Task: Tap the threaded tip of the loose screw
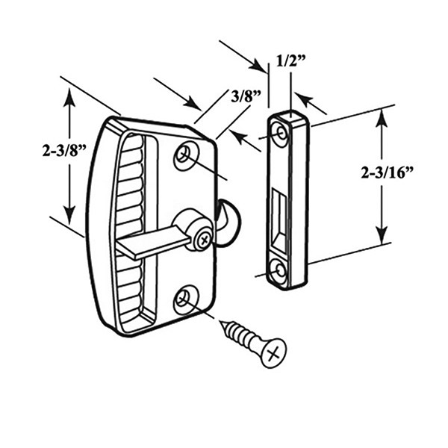225,326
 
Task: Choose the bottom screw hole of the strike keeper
279,271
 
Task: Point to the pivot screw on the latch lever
202,239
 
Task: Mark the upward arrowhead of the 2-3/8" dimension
70,96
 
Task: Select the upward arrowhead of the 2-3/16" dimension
382,116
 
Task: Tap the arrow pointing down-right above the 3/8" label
190,104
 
